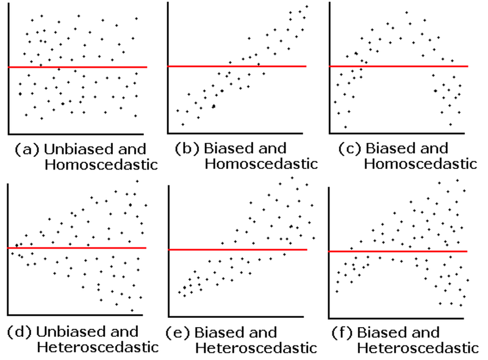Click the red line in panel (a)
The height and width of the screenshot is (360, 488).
point(77,67)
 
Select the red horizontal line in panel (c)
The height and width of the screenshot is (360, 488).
point(399,67)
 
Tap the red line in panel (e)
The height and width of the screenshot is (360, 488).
point(238,250)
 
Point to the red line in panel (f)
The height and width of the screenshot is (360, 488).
point(398,251)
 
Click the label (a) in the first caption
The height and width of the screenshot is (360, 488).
point(27,149)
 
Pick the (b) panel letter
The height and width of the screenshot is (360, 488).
point(187,148)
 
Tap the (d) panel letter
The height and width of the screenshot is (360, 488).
point(20,332)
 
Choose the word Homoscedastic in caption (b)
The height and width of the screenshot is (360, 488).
point(261,164)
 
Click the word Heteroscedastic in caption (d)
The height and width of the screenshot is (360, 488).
point(98,347)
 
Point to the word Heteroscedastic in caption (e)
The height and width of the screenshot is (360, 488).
point(256,348)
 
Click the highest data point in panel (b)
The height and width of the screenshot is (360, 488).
point(307,6)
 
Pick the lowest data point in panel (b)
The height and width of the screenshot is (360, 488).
point(182,124)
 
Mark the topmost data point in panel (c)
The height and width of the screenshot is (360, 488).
point(406,13)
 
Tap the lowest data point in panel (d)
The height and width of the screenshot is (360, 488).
point(132,311)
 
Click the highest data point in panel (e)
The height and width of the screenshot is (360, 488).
point(292,178)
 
